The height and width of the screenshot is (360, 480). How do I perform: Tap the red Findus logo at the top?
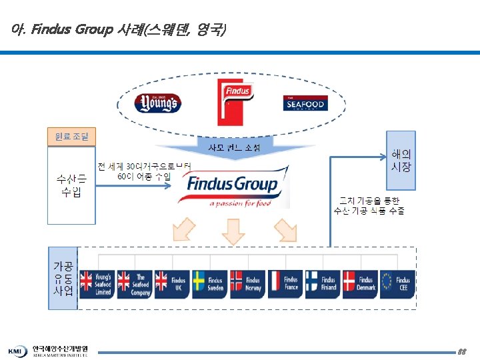pos(235,102)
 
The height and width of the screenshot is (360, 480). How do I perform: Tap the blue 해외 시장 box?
pos(401,161)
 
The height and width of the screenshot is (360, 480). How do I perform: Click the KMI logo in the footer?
pos(17,351)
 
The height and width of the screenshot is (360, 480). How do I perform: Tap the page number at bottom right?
pos(462,351)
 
